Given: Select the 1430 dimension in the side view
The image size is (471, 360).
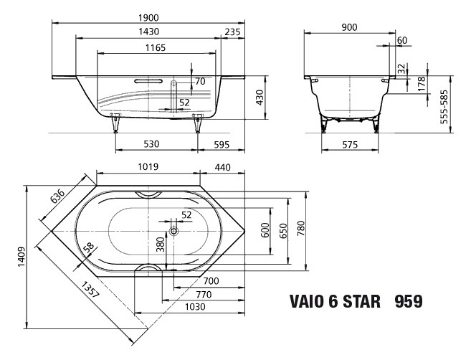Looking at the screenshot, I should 148,32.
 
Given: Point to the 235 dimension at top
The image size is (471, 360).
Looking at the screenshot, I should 232,32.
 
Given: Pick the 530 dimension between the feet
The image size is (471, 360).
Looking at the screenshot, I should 151,144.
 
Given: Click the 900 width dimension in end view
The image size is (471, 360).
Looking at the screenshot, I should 350,27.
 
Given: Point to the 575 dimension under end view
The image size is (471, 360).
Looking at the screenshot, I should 348,145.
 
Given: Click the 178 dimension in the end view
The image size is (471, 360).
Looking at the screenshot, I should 422,83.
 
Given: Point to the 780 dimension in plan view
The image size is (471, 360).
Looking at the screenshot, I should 301,229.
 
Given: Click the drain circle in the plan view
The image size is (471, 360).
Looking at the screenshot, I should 174,232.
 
